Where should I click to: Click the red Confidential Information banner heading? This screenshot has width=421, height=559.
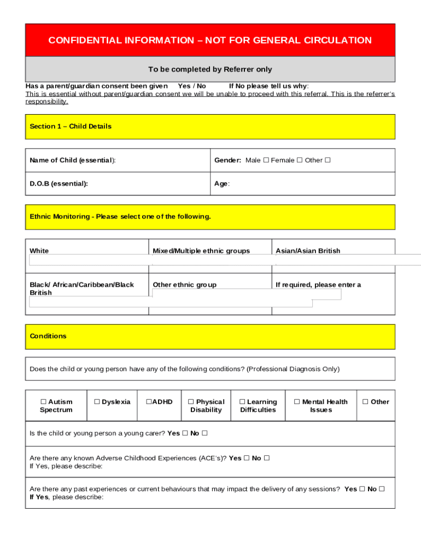pyautogui.click(x=210, y=40)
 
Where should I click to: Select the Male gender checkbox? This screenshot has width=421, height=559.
pyautogui.click(x=266, y=160)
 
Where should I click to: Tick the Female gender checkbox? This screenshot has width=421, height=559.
pyautogui.click(x=300, y=160)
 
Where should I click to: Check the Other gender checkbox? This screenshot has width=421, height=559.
pyautogui.click(x=328, y=160)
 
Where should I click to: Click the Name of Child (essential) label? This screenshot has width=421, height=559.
pyautogui.click(x=73, y=160)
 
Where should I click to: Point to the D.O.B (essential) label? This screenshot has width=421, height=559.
pyautogui.click(x=59, y=184)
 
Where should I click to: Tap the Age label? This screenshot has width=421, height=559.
pyautogui.click(x=221, y=184)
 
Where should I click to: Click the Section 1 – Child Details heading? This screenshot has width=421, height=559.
pyautogui.click(x=71, y=127)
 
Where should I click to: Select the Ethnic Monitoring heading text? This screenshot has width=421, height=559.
pyautogui.click(x=120, y=217)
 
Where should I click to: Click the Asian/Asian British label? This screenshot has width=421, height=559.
pyautogui.click(x=308, y=251)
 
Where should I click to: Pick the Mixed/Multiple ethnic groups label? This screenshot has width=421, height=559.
pyautogui.click(x=201, y=251)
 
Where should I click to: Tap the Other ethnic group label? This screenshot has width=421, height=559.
pyautogui.click(x=185, y=285)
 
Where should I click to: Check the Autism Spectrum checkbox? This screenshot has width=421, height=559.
pyautogui.click(x=43, y=402)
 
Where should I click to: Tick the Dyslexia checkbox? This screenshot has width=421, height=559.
pyautogui.click(x=97, y=402)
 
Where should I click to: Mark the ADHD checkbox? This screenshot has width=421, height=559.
pyautogui.click(x=148, y=402)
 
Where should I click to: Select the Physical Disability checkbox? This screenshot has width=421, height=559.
pyautogui.click(x=191, y=402)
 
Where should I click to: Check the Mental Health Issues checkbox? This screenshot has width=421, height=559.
pyautogui.click(x=297, y=402)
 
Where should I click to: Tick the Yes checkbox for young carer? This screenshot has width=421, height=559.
pyautogui.click(x=185, y=433)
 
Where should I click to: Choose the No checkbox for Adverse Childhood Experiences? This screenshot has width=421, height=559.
pyautogui.click(x=267, y=459)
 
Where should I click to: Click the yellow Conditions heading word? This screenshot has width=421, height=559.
pyautogui.click(x=48, y=336)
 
